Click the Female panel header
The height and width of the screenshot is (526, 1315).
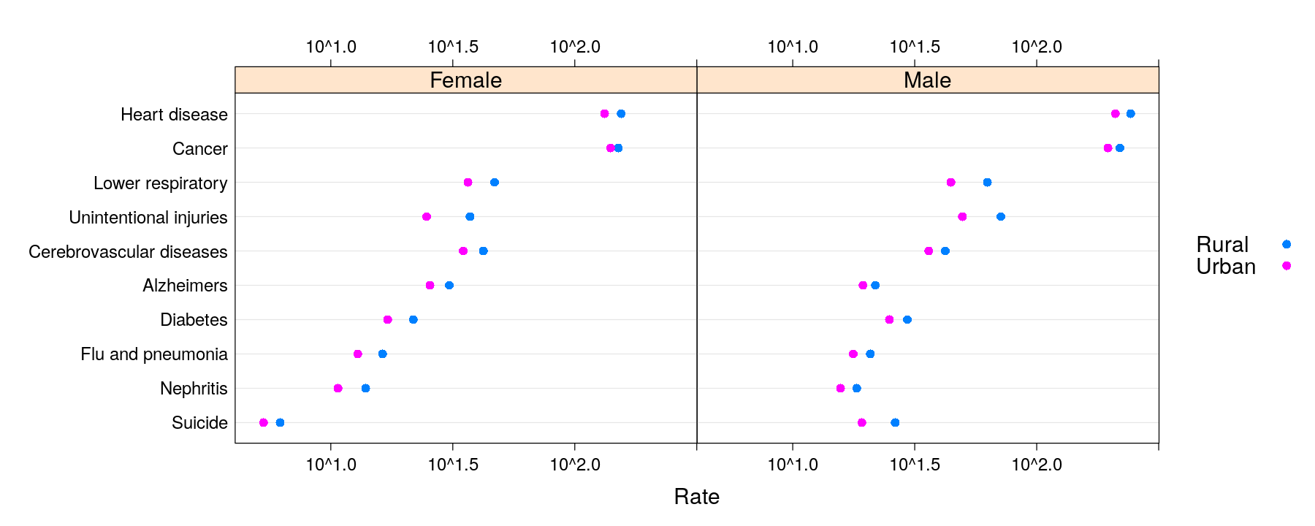click(x=465, y=80)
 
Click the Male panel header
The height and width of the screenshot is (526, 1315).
click(x=927, y=80)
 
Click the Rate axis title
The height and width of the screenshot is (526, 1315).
click(x=696, y=497)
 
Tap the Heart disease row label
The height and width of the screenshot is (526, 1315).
click(x=174, y=115)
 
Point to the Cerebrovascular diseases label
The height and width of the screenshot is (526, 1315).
click(x=128, y=252)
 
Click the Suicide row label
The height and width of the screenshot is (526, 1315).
click(x=199, y=423)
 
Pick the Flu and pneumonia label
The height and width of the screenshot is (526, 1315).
click(x=154, y=354)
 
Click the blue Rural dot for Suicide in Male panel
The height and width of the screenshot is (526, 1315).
click(x=895, y=422)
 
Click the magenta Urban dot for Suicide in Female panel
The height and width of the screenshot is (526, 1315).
click(x=264, y=422)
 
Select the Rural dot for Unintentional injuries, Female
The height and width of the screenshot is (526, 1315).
click(x=470, y=216)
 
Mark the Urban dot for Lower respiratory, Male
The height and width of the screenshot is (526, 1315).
click(x=950, y=182)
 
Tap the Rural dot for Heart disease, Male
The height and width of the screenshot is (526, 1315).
click(x=1130, y=113)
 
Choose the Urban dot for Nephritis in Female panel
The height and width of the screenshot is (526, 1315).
click(x=338, y=388)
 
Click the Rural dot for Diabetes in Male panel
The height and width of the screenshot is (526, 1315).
click(x=907, y=319)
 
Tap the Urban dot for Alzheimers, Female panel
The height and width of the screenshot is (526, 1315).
click(x=430, y=285)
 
